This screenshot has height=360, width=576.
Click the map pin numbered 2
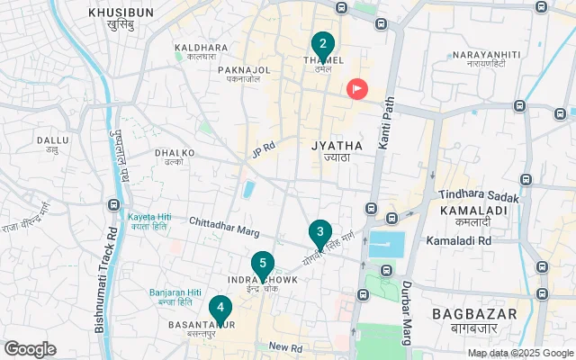click(322, 44)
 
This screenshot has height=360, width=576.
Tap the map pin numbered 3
click(319, 233)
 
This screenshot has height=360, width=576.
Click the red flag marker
click(358, 88)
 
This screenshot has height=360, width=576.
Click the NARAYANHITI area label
click(487, 56)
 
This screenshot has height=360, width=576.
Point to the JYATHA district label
click(337, 145)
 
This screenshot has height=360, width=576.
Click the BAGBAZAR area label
click(474, 313)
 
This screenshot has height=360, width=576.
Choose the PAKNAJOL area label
click(244, 69)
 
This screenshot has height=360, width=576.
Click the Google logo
click(31, 348)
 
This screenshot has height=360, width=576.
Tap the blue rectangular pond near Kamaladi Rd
click(386, 243)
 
